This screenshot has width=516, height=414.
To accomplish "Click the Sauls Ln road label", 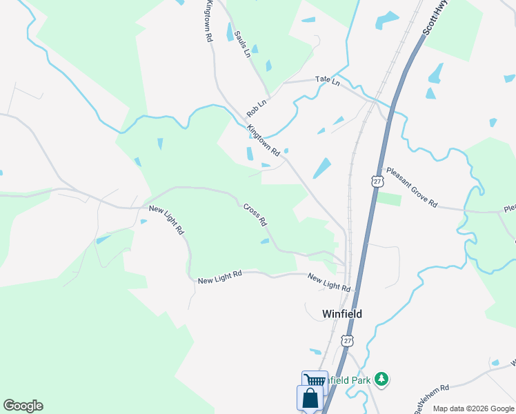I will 241,43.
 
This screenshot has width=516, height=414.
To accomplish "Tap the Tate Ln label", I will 328,81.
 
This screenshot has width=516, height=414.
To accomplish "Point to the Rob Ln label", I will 257,106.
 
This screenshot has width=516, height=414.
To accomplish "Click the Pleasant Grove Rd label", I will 412,187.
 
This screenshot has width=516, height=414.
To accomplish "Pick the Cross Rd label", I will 255,215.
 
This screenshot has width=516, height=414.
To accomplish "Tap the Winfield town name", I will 342,314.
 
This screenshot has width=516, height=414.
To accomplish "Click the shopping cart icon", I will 315,380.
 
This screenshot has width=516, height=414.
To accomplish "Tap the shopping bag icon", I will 310,398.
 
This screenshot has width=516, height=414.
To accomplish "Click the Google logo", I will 23,406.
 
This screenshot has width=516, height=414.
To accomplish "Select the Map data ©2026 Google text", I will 473,408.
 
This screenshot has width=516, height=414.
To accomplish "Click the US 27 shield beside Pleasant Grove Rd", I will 376,180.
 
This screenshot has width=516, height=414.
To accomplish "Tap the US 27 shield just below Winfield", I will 348,341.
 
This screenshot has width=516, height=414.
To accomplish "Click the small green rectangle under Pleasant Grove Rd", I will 388,199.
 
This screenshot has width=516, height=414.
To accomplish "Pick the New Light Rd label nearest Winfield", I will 329,282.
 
